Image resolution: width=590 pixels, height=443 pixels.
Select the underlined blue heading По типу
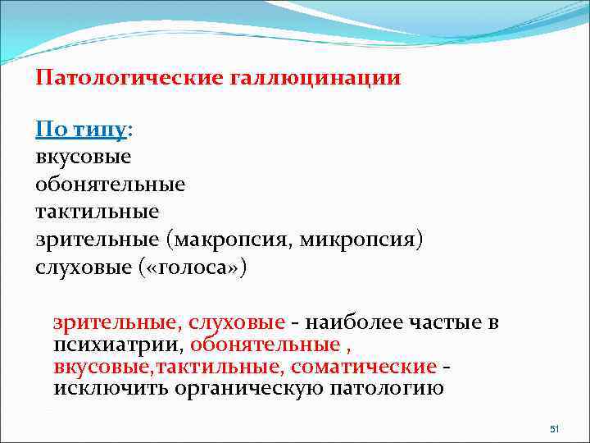point(81,130)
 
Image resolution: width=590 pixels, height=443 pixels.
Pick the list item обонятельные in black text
point(111,185)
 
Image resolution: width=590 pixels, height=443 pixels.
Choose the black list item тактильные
point(97,212)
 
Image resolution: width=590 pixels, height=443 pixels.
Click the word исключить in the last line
point(110,387)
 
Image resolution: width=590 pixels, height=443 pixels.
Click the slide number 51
point(553,429)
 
